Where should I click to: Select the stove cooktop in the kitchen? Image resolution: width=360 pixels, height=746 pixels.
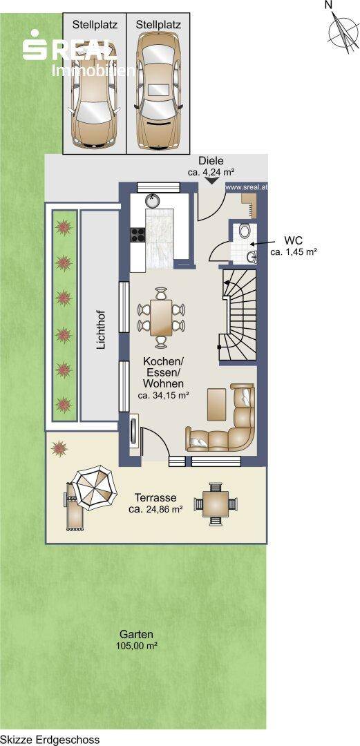pyautogui.click(x=138, y=235)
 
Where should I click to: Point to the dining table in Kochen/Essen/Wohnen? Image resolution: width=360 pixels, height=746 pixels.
pyautogui.click(x=162, y=317)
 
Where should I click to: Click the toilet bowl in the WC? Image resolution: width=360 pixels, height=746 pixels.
pyautogui.click(x=246, y=231)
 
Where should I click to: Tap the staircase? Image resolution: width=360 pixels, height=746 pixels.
pyautogui.click(x=238, y=314)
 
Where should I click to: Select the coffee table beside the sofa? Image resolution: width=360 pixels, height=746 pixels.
pyautogui.click(x=217, y=404)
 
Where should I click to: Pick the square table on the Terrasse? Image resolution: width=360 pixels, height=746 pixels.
pyautogui.click(x=216, y=504)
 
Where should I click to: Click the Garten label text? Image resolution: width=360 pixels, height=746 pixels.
pyautogui.click(x=136, y=634)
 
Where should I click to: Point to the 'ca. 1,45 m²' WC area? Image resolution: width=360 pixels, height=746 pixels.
pyautogui.click(x=294, y=252)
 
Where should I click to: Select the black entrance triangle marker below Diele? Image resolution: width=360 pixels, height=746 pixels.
pyautogui.click(x=211, y=180)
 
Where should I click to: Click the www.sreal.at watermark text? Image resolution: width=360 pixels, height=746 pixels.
pyautogui.click(x=246, y=187)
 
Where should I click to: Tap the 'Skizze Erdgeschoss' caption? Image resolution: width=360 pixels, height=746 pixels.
pyautogui.click(x=50, y=739)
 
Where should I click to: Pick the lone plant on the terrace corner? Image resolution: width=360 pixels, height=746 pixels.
pyautogui.click(x=59, y=449)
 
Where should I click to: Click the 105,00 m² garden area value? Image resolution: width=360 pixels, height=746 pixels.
pyautogui.click(x=136, y=646)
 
